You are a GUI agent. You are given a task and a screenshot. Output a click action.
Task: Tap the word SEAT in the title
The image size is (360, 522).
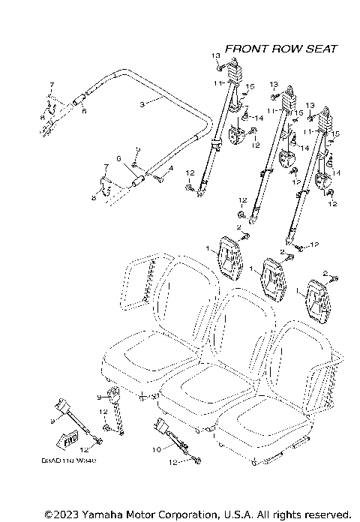click(x=321, y=49)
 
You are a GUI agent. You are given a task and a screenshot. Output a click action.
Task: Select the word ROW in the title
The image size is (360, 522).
click(x=287, y=49)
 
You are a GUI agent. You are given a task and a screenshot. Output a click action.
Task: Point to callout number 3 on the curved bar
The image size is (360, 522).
click(x=141, y=105)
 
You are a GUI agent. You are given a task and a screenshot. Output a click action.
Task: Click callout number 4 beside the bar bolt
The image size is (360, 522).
click(x=171, y=169)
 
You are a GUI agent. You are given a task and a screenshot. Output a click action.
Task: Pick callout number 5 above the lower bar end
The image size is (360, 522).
click(x=137, y=150)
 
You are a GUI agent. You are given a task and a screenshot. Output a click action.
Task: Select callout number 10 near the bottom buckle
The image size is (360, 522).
click(x=157, y=449)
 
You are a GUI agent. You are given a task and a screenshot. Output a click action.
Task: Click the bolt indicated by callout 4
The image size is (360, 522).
click(x=158, y=177)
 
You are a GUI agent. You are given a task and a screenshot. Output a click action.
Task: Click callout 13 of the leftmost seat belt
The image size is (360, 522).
click(x=214, y=56)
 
